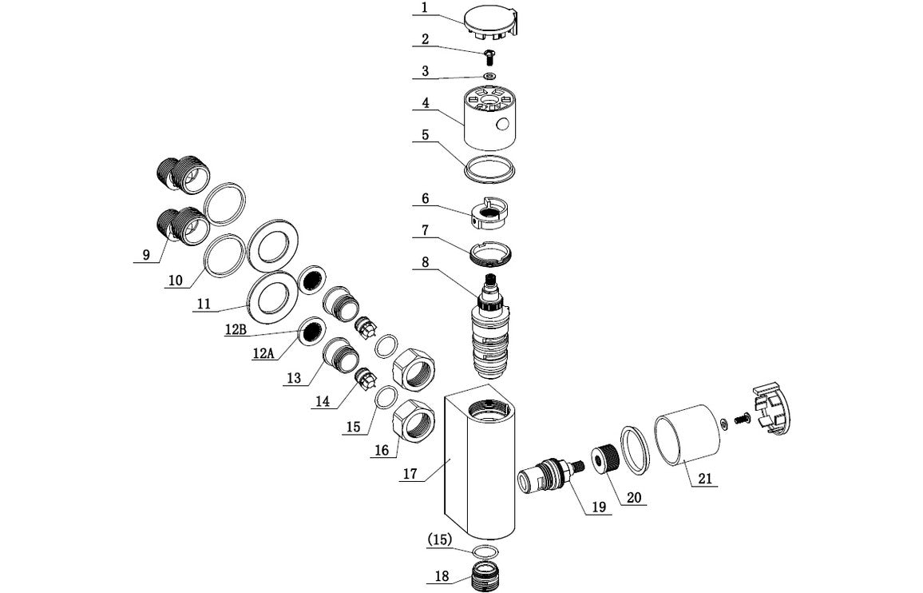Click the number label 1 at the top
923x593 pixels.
pos(425,8)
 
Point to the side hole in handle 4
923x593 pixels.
pos(503,125)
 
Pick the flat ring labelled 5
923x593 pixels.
pos(489,168)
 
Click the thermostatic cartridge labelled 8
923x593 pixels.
pos(490,328)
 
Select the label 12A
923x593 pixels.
pos(264,352)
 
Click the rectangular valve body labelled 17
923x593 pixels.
pos(479,472)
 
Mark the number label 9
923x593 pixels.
pos(145,256)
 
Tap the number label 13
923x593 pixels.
pos(295,378)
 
